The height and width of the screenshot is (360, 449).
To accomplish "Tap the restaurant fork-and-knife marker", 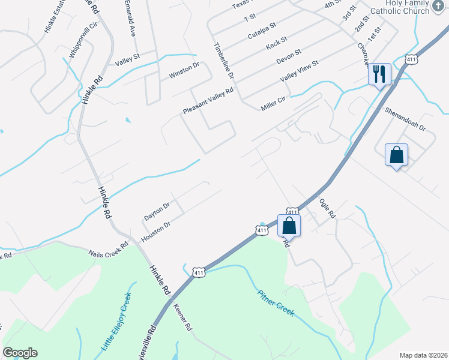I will click(x=379, y=74).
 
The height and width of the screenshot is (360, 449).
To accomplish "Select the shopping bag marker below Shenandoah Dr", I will click(x=396, y=155).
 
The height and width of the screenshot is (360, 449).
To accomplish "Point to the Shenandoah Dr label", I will click(x=405, y=120).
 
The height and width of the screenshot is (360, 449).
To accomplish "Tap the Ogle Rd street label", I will click(x=327, y=209).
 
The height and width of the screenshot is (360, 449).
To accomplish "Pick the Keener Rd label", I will click(x=182, y=318).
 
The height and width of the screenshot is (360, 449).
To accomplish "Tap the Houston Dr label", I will click(x=156, y=232).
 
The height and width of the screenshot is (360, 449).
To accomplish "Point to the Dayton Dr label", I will click(x=157, y=211).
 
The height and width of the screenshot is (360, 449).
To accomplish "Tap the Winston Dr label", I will click(x=184, y=71).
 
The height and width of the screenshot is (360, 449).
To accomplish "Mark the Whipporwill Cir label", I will click(x=83, y=40).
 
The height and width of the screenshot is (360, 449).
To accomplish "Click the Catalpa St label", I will click(x=262, y=31).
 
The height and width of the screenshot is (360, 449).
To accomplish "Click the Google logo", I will click(x=20, y=353).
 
